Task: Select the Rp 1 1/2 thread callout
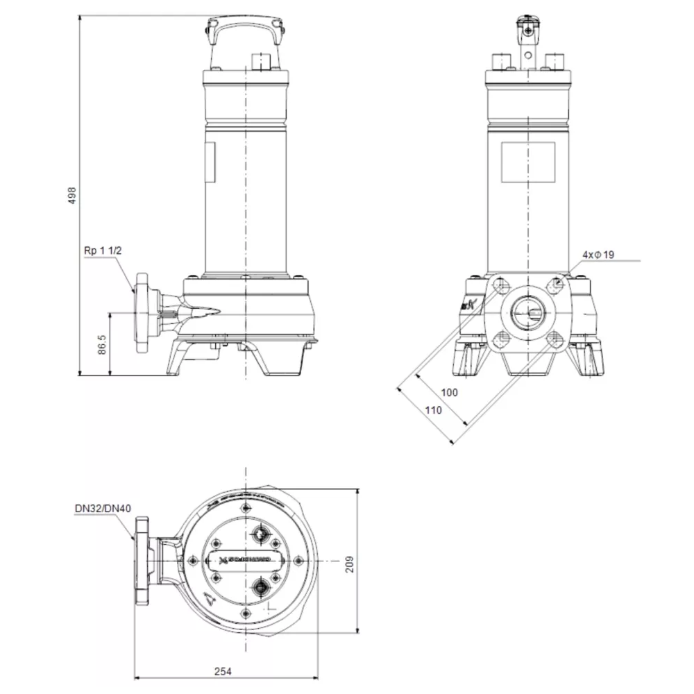coord(103,251)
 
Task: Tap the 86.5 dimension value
coord(102,345)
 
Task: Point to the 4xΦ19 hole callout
coord(598,255)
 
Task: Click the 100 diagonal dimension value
coord(450,393)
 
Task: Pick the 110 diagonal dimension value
coord(433,410)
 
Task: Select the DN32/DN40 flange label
coord(103,509)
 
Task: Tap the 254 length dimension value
coord(223,671)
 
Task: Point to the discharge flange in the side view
coord(144,314)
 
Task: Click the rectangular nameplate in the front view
coord(528,162)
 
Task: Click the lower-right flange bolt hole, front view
coord(554,339)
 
